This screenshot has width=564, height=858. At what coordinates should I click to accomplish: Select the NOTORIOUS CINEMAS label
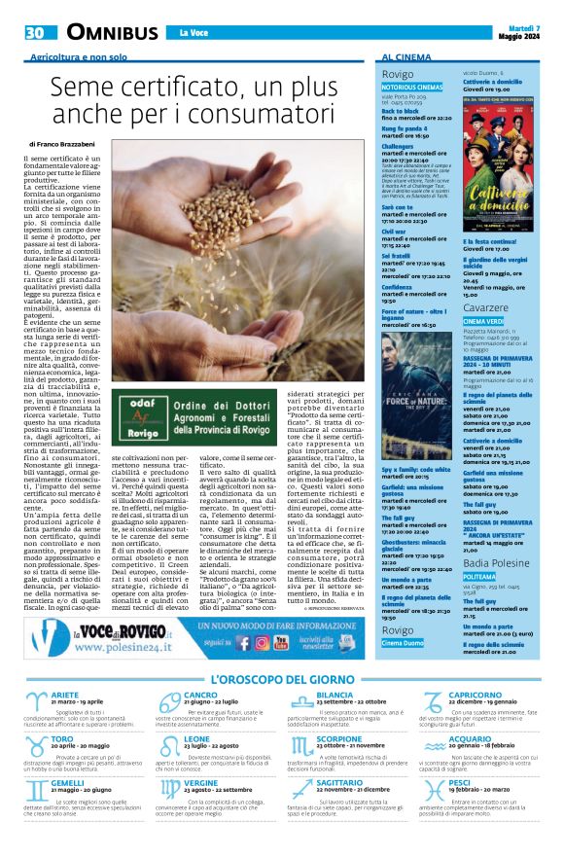click(412, 87)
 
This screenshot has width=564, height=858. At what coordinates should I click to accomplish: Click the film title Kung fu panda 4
click(406, 129)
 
